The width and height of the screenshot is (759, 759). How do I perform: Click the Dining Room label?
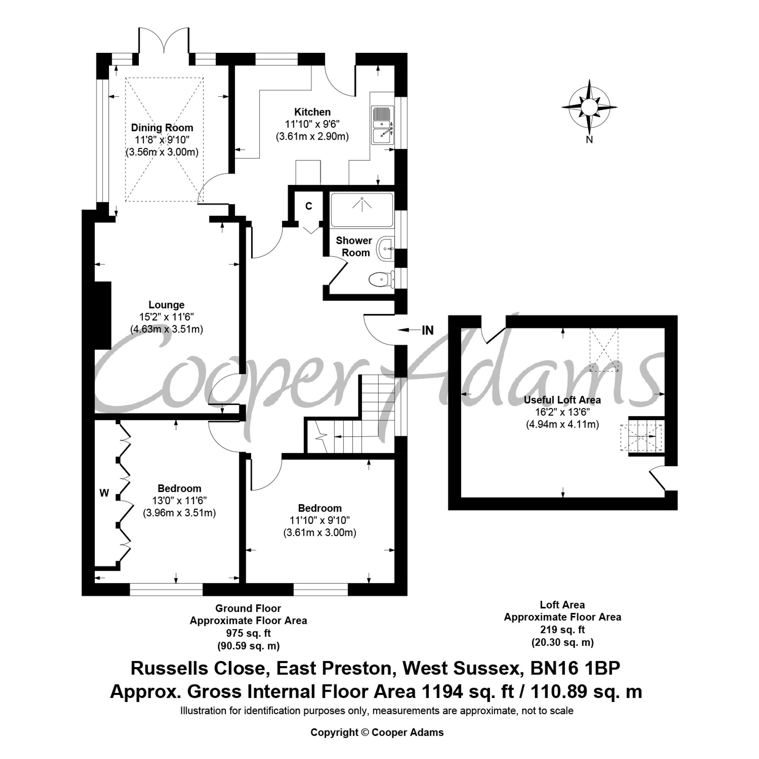pyautogui.click(x=162, y=128)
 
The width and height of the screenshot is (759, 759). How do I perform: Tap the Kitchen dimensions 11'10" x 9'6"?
pyautogui.click(x=312, y=124)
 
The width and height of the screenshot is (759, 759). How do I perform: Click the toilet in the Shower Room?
pyautogui.click(x=382, y=279)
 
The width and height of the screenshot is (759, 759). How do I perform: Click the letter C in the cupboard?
pyautogui.click(x=309, y=206)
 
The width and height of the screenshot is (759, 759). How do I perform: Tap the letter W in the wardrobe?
pyautogui.click(x=104, y=493)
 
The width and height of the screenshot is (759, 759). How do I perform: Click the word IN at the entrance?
pyautogui.click(x=427, y=331)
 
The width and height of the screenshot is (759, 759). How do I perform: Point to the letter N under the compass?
pyautogui.click(x=589, y=139)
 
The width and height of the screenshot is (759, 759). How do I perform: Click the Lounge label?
pyautogui.click(x=166, y=305)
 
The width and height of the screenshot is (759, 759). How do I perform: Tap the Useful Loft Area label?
pyautogui.click(x=562, y=400)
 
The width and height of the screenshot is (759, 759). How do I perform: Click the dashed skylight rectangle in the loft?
pyautogui.click(x=604, y=350)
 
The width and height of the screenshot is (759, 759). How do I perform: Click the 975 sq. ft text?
pyautogui.click(x=248, y=633)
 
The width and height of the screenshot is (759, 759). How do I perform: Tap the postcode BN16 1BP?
pyautogui.click(x=575, y=668)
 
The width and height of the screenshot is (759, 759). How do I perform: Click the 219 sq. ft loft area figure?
pyautogui.click(x=562, y=630)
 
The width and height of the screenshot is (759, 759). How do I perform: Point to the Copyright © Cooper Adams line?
pyautogui.click(x=377, y=732)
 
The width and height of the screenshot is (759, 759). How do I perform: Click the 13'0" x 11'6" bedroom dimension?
pyautogui.click(x=179, y=501)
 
